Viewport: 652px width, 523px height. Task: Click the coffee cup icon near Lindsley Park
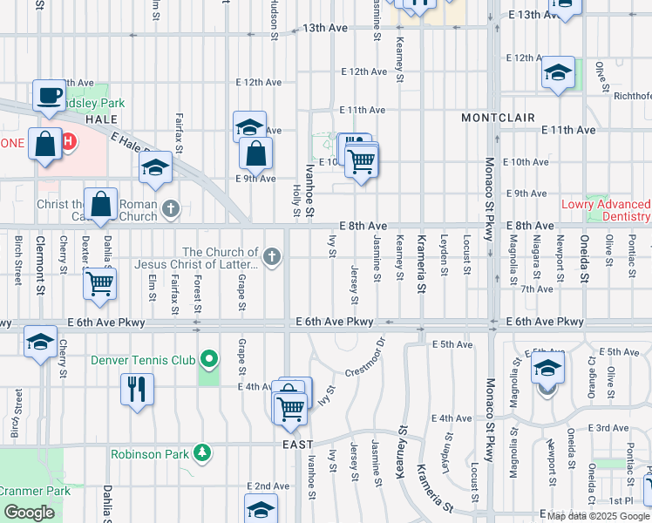pos(49,94)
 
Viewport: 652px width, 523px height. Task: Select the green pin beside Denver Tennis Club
pos(208,359)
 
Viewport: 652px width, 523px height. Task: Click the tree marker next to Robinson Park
pos(202,453)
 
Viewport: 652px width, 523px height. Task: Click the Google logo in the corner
pos(29,513)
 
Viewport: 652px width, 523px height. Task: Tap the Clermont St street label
pos(39,261)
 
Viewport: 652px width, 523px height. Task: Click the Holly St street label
pos(296,200)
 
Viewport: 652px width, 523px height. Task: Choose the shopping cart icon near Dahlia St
pos(100,282)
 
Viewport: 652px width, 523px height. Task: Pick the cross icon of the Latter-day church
pos(272,256)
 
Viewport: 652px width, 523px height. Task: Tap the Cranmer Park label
pos(35,491)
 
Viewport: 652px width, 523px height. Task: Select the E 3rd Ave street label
pos(608,428)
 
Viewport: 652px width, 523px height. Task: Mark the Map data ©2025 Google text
pos(598,516)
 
